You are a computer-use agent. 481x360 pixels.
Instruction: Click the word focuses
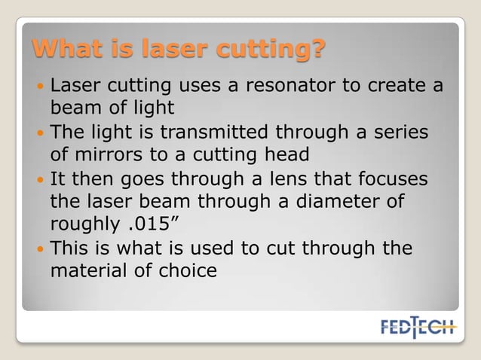(385, 180)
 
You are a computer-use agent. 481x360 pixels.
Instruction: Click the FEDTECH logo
(418, 328)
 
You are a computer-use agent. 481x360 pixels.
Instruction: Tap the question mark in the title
(318, 51)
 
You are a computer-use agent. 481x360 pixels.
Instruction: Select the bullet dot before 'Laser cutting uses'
(40, 84)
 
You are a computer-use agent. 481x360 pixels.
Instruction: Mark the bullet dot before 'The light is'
(40, 133)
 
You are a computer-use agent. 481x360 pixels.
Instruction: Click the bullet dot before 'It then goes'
(40, 181)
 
